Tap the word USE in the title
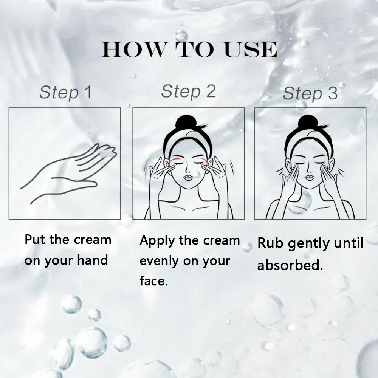pyautogui.click(x=251, y=50)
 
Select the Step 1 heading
pyautogui.click(x=65, y=93)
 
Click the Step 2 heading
pyautogui.click(x=188, y=92)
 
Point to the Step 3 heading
pyautogui.click(x=310, y=93)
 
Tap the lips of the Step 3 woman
pyautogui.click(x=310, y=178)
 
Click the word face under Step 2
pyautogui.click(x=153, y=281)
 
